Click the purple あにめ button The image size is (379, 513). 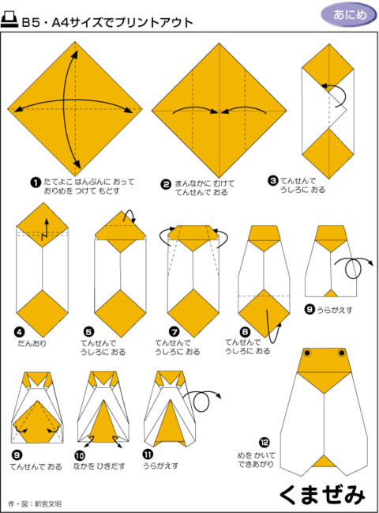(x=349, y=15)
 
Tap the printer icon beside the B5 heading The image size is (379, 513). (x=9, y=20)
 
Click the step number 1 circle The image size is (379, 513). (x=36, y=183)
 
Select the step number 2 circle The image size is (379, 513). (x=166, y=184)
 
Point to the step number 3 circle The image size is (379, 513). (x=273, y=180)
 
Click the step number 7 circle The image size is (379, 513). (x=174, y=332)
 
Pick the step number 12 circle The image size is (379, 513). (x=265, y=443)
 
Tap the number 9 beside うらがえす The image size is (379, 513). (x=310, y=309)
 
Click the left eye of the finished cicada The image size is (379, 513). (x=307, y=353)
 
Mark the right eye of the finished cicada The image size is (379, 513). (x=342, y=353)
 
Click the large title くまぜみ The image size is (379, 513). (x=322, y=494)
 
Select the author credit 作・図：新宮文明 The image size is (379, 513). (x=35, y=504)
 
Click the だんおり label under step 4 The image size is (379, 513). (x=32, y=343)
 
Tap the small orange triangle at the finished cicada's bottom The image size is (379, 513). (x=324, y=462)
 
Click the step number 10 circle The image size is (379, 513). (x=80, y=455)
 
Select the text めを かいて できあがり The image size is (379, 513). (x=256, y=459)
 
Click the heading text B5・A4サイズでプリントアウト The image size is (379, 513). (x=107, y=22)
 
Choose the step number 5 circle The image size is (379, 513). (x=89, y=332)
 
